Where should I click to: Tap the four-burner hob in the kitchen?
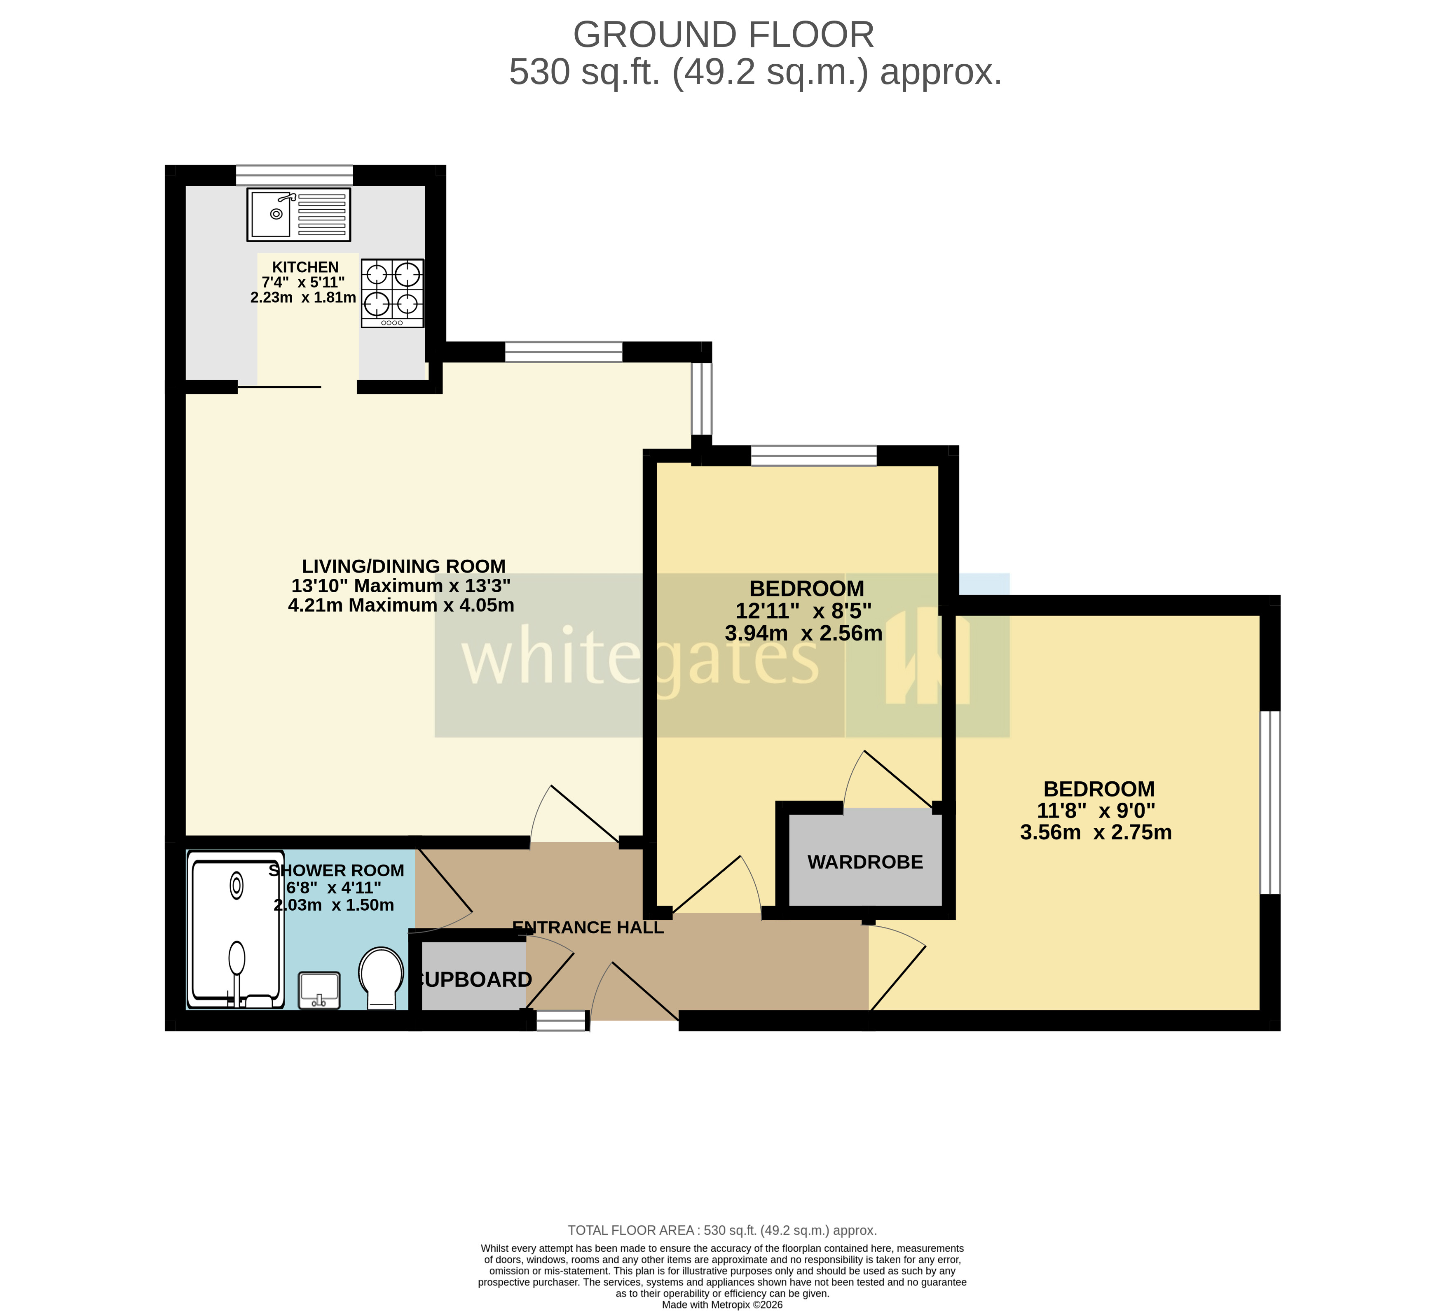392,293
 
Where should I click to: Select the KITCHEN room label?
305,267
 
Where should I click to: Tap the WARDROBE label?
865,862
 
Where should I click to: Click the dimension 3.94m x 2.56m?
803,633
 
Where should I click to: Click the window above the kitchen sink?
295,175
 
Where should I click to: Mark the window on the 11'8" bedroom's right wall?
1269,802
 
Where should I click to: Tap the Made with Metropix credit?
722,1304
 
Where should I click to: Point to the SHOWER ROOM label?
336,870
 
